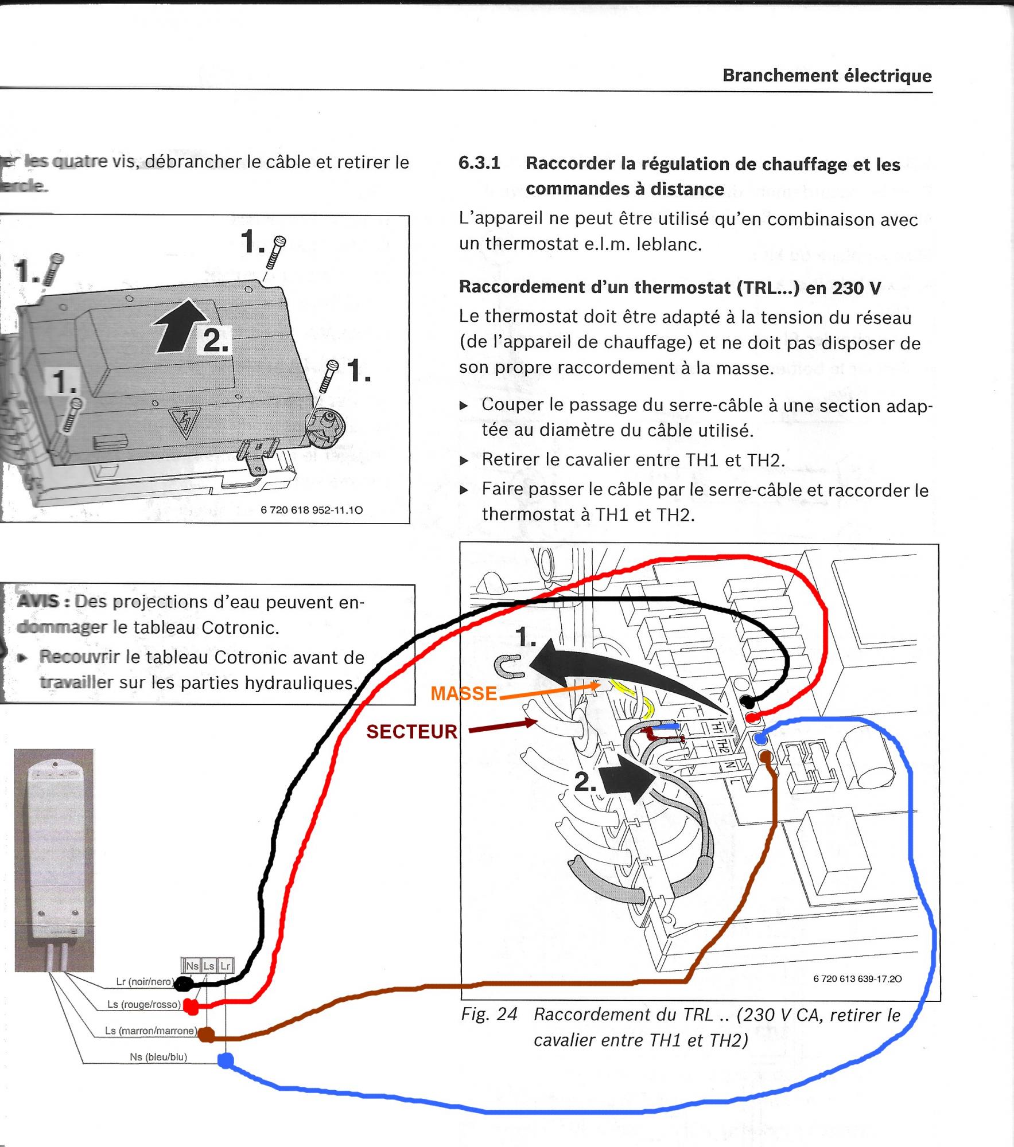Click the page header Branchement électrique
pos(827,76)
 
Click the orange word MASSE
pos(464,693)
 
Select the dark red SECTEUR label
pos(412,732)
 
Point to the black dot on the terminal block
pos(747,701)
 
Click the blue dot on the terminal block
pos(759,738)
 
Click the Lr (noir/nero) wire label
pos(144,981)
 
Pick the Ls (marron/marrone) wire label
pos(150,1031)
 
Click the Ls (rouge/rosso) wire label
pos(144,1005)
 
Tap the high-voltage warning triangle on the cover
pos(184,423)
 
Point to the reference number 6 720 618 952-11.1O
pos(312,510)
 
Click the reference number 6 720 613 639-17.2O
pos(857,979)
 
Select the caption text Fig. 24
pos(489,1015)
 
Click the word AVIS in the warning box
pos(38,602)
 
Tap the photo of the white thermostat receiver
pos(54,860)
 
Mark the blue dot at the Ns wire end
pos(226,1060)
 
